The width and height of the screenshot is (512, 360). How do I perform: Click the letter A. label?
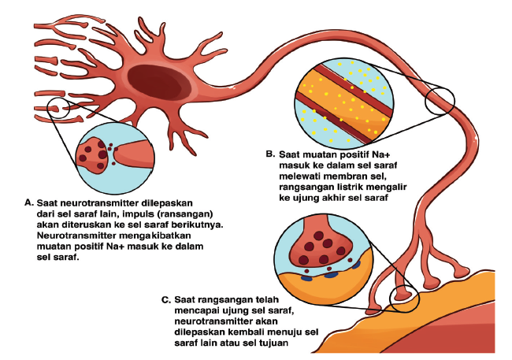(x=29, y=202)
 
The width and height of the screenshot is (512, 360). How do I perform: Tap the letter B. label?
(x=269, y=154)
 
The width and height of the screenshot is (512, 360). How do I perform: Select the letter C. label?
(x=165, y=299)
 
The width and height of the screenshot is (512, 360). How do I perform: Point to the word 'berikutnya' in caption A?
(x=197, y=224)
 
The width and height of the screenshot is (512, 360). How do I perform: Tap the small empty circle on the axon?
(x=440, y=101)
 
